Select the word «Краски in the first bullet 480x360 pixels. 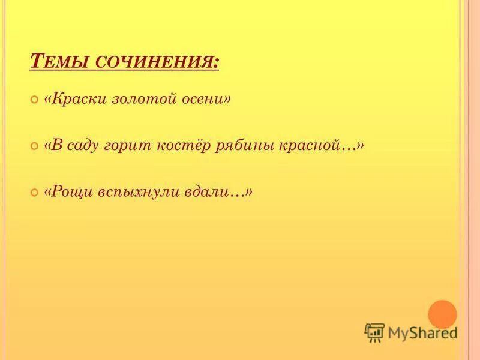click(x=75, y=99)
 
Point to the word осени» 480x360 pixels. click(x=206, y=99)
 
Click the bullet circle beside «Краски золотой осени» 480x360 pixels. click(x=34, y=100)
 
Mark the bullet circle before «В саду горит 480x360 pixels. click(x=34, y=146)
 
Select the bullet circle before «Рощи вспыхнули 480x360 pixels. click(x=34, y=193)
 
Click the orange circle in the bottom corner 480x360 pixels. click(x=443, y=314)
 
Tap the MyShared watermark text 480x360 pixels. click(x=422, y=332)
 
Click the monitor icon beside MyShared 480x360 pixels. click(x=374, y=332)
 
